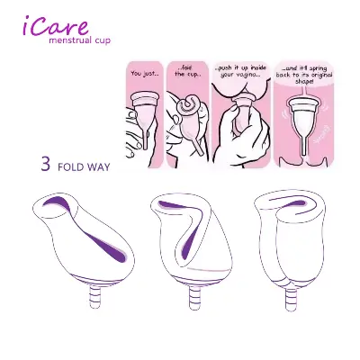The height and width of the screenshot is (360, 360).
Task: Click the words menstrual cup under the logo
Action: pos(80,41)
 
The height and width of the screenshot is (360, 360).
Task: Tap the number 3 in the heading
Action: pos(45,166)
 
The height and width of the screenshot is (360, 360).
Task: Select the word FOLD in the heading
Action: pos(71,167)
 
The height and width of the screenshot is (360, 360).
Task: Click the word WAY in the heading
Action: pos(100,167)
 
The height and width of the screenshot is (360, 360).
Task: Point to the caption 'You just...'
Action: pos(144,73)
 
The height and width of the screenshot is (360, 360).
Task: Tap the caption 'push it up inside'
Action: pos(240,71)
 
